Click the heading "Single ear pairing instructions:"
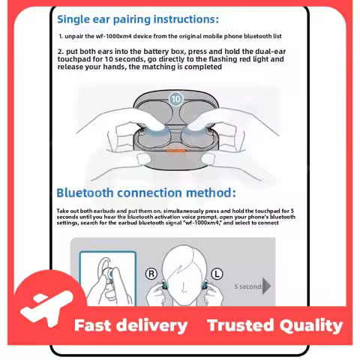click(x=138, y=19)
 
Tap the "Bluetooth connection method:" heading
click(x=146, y=193)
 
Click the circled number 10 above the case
click(x=175, y=99)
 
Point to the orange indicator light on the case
click(x=176, y=151)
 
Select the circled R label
click(x=151, y=274)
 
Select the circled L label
click(x=217, y=274)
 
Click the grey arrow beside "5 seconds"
click(x=266, y=286)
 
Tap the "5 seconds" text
click(x=248, y=286)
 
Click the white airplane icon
click(x=46, y=308)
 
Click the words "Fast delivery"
click(x=130, y=325)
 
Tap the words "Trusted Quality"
click(x=275, y=325)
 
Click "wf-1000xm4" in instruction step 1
click(x=113, y=36)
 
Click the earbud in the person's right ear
click(x=163, y=284)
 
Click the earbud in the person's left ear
click(x=205, y=284)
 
